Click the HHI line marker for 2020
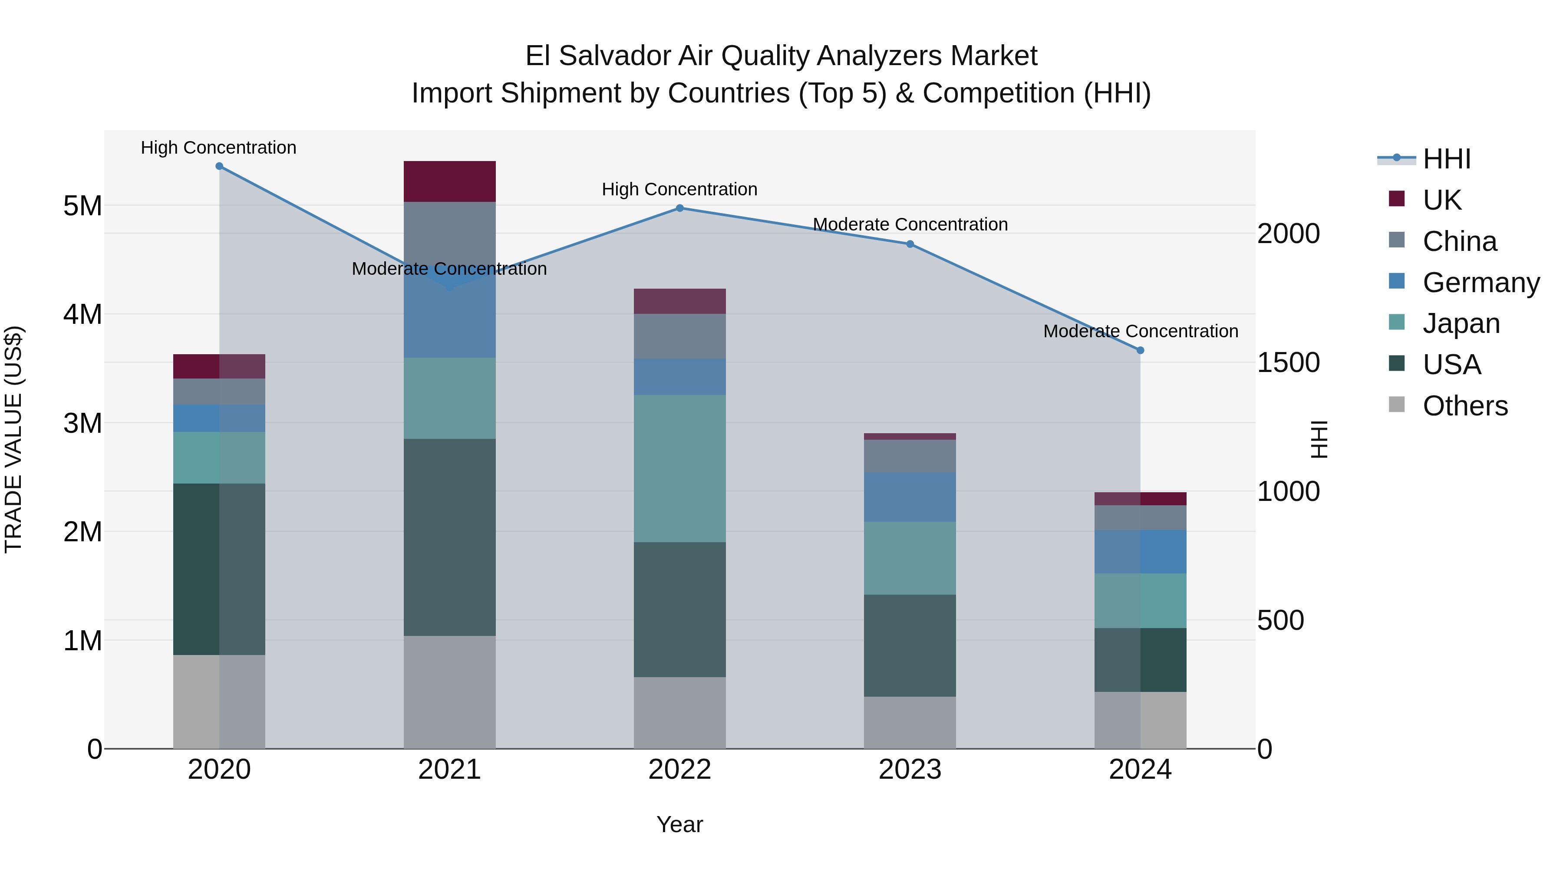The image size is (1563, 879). click(219, 166)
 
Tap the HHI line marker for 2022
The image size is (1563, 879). click(679, 208)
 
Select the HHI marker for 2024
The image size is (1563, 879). click(1140, 350)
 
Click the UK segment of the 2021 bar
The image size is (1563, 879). click(450, 181)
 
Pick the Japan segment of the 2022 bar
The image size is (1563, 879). click(679, 468)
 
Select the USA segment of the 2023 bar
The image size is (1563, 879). click(910, 645)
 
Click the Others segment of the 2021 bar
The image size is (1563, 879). click(450, 692)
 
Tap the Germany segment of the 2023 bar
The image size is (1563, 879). click(910, 497)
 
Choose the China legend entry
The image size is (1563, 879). click(1459, 241)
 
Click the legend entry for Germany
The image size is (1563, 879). click(1481, 283)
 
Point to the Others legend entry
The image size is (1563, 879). click(1465, 406)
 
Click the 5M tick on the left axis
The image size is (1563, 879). click(82, 206)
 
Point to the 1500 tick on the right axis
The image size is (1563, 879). click(1288, 363)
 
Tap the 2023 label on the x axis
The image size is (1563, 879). click(910, 770)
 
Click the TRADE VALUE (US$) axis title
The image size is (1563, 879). click(13, 439)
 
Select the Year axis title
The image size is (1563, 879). click(679, 824)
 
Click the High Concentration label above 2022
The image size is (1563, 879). click(679, 189)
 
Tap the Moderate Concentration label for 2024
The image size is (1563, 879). click(1140, 331)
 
